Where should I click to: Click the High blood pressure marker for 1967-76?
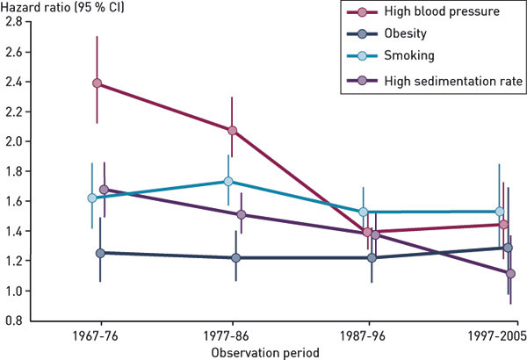tap(97, 84)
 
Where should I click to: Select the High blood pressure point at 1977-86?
tap(232, 131)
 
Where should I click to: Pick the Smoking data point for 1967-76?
tap(92, 198)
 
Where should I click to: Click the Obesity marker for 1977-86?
tap(235, 258)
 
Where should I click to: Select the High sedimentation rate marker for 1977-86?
tap(241, 214)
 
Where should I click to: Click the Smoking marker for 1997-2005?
tap(500, 212)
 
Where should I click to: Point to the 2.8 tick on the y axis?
tap(13, 21)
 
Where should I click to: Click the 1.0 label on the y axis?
tap(13, 291)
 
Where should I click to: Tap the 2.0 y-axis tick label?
tap(13, 141)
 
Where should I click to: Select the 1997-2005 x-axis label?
tap(496, 336)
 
